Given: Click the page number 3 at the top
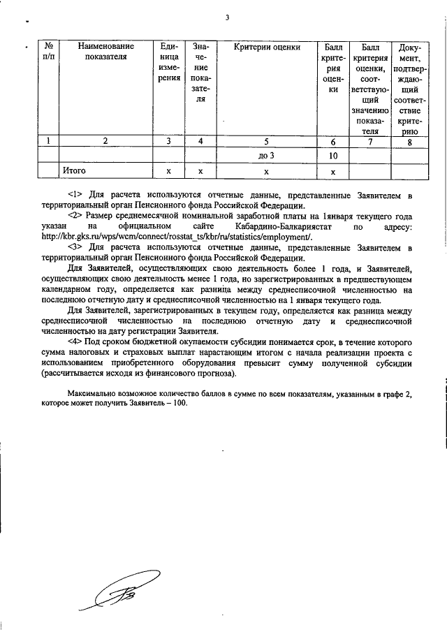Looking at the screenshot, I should click(227, 18).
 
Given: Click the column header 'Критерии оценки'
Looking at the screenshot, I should click(266, 47).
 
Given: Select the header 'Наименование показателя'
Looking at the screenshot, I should click(105, 52).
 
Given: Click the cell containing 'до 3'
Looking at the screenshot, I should click(266, 155).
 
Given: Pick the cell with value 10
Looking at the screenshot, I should click(333, 155).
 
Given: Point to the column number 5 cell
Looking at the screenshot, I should click(266, 140).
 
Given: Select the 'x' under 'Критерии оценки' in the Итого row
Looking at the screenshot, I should click(266, 170).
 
